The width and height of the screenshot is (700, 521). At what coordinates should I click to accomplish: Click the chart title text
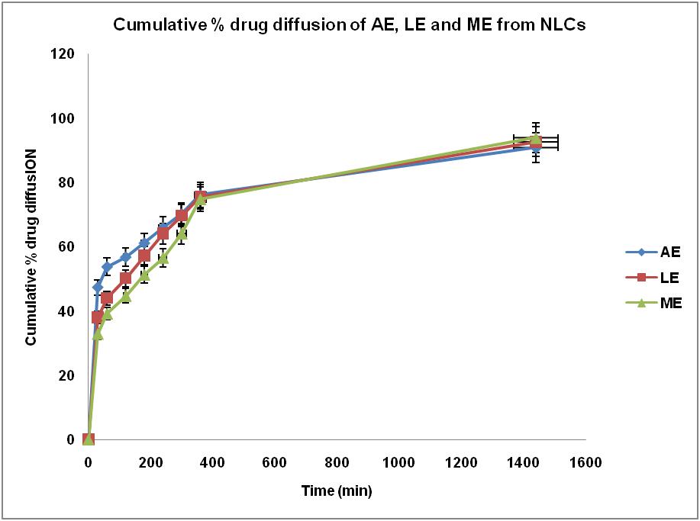click(350, 24)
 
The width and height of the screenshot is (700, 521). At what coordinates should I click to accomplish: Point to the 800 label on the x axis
click(337, 462)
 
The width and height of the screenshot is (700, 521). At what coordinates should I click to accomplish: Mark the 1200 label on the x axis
click(461, 462)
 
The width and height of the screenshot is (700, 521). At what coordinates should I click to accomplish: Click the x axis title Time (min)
click(337, 491)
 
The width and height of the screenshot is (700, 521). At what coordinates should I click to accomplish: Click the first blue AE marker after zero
click(98, 288)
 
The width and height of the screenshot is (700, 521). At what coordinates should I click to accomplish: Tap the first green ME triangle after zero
click(98, 333)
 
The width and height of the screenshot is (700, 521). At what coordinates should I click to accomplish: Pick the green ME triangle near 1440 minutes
click(536, 138)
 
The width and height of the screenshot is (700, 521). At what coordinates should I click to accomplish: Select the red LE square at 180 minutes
click(144, 256)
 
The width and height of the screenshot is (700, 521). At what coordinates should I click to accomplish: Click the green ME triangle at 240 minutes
click(163, 258)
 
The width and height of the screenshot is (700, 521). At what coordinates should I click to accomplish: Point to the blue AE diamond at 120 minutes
click(126, 257)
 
